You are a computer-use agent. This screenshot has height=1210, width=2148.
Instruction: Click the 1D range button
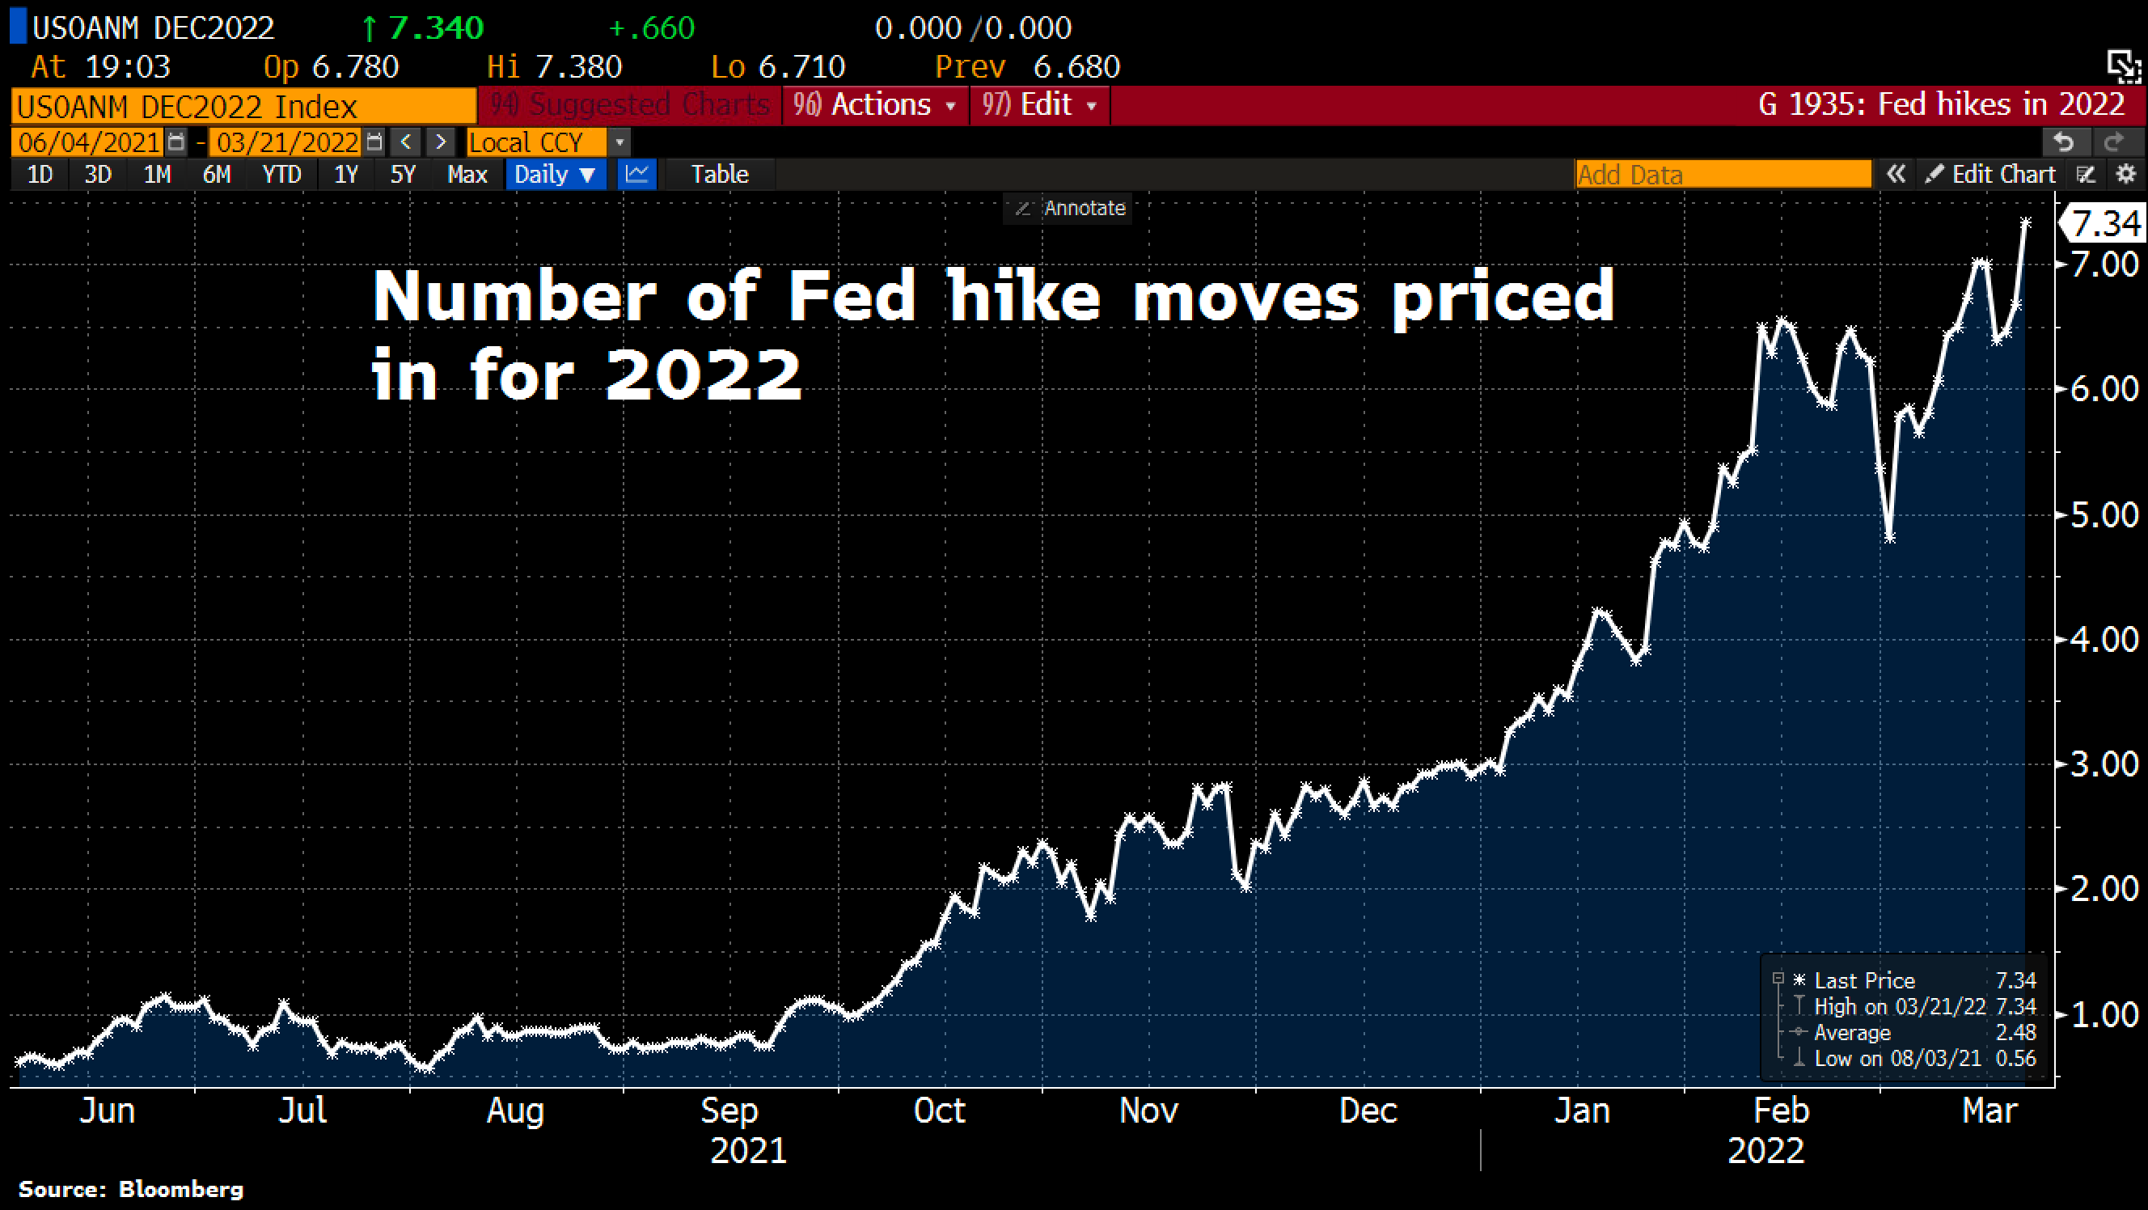[40, 174]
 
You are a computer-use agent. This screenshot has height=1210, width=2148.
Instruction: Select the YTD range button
[281, 174]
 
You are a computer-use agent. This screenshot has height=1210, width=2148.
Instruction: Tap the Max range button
[467, 174]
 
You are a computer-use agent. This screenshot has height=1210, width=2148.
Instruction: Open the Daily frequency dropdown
[556, 174]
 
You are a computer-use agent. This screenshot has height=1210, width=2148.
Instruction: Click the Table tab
[720, 174]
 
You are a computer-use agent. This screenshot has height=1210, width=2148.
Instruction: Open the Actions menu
[875, 105]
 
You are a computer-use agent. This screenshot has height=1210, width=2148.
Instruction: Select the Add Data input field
[1723, 174]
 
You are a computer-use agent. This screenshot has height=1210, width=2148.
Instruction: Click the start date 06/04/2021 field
[89, 142]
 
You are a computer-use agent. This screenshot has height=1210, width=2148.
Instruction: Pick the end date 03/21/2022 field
[288, 142]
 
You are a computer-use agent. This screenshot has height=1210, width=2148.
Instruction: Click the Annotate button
[1072, 209]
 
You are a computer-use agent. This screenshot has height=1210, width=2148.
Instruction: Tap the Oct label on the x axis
[940, 1110]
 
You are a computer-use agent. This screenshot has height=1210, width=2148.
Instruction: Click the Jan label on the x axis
[1582, 1110]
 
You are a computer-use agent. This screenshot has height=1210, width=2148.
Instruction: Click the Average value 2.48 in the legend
[2015, 1032]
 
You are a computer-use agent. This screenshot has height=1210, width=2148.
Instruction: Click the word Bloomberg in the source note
[181, 1189]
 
